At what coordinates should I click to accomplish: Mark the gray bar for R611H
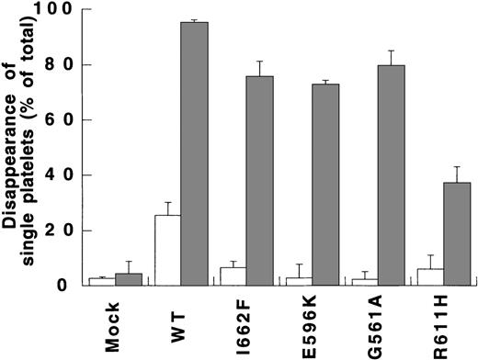click(458, 233)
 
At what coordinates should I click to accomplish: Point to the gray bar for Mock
click(129, 279)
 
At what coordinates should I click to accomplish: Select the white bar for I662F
click(233, 276)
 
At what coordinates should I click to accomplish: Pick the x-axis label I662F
click(245, 322)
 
